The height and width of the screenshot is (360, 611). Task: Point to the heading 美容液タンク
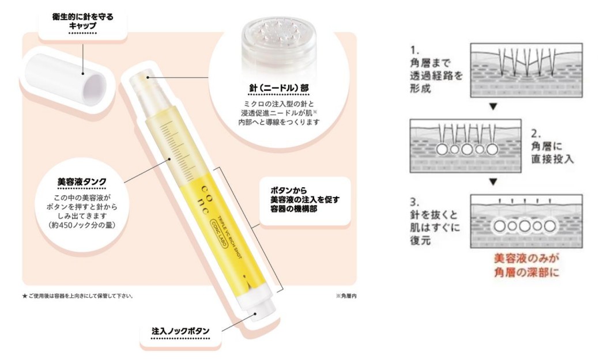[80, 183]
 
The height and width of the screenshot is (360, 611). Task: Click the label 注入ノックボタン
[180, 331]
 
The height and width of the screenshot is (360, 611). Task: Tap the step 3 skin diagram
[526, 221]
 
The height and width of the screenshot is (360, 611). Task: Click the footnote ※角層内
[348, 296]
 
